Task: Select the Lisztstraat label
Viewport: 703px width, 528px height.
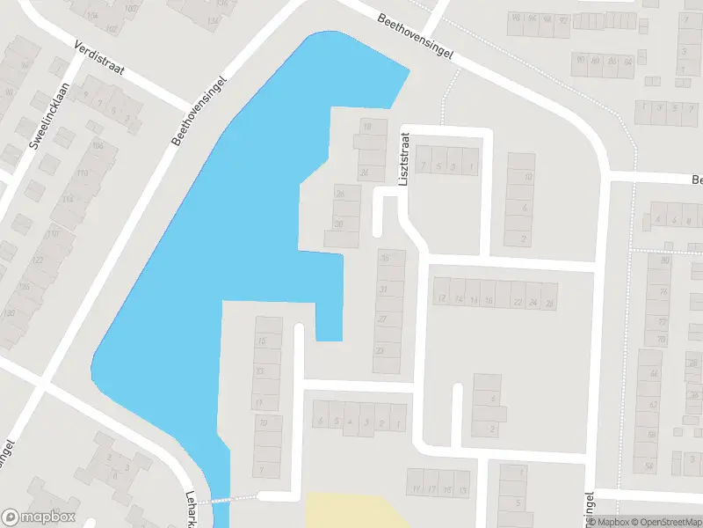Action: tap(404, 158)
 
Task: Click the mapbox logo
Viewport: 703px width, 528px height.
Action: tap(39, 517)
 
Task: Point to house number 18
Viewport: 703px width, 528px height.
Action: tap(367, 127)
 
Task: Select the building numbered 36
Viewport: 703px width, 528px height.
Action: tap(384, 259)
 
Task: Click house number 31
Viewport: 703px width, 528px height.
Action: tap(383, 290)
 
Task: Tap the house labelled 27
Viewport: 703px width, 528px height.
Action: tap(382, 319)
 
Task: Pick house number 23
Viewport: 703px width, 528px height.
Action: tap(380, 350)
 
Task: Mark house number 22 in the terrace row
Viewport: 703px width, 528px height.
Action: tap(518, 301)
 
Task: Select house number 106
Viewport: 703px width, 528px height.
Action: tap(97, 146)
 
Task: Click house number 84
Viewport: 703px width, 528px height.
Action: tap(627, 62)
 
